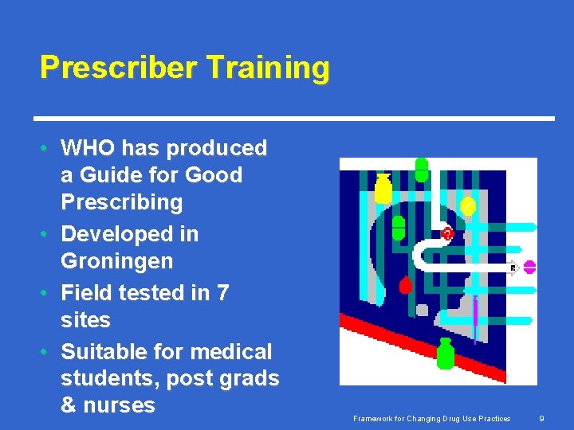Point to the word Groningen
pyautogui.click(x=116, y=261)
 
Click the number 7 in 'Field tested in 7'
pyautogui.click(x=222, y=293)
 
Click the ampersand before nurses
pyautogui.click(x=69, y=405)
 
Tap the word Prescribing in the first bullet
pyautogui.click(x=121, y=202)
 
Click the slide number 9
pyautogui.click(x=541, y=419)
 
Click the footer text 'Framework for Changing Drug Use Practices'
pyautogui.click(x=433, y=419)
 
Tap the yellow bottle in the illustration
pyautogui.click(x=383, y=190)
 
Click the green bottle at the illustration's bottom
pyautogui.click(x=445, y=354)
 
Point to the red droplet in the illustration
pyautogui.click(x=405, y=284)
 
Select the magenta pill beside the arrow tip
pyautogui.click(x=529, y=267)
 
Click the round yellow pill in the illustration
pyautogui.click(x=468, y=205)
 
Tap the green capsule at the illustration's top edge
pyautogui.click(x=422, y=170)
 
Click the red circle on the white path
pyautogui.click(x=447, y=233)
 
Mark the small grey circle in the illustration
pyautogui.click(x=422, y=310)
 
